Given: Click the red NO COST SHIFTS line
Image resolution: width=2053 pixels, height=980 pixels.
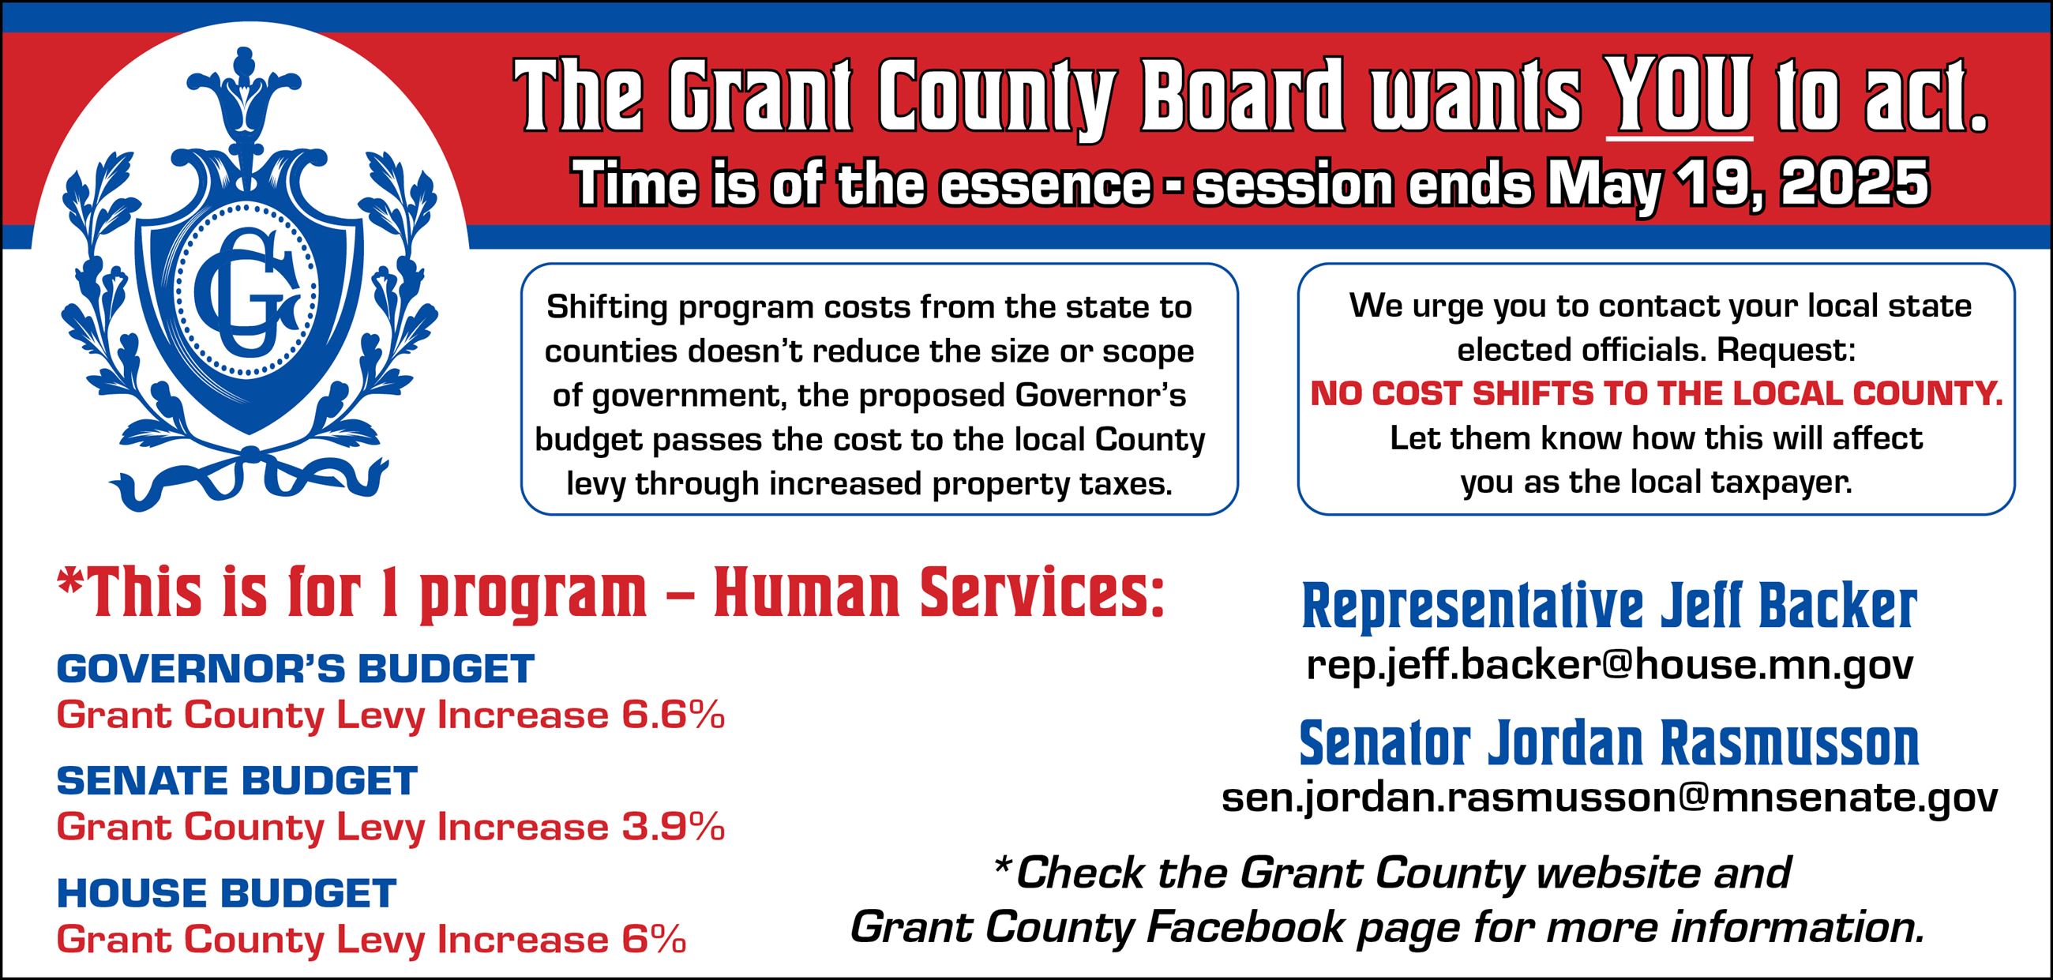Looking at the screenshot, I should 1656,394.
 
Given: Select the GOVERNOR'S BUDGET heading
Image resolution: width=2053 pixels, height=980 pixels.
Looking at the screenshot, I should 295,669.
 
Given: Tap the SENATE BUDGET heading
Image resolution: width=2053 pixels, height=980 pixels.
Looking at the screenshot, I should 237,781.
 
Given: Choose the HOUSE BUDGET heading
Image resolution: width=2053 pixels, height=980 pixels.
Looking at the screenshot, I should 227,893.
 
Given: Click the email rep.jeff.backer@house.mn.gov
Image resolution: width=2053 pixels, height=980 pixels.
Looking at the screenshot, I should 1609,665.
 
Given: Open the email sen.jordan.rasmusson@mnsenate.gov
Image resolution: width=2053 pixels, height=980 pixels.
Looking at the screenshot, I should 1609,798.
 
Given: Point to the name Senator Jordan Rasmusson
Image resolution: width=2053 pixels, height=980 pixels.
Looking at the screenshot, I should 1609,744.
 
